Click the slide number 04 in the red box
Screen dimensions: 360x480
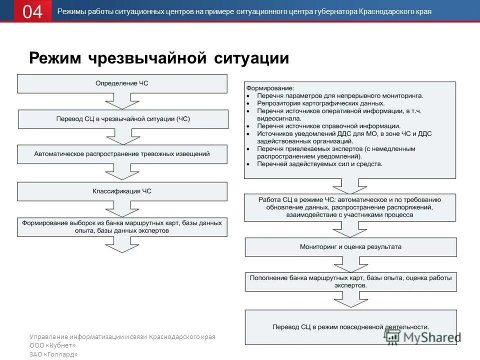[x=32, y=11]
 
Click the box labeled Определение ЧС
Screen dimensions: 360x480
[x=122, y=83]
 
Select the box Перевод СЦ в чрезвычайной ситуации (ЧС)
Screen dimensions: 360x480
[x=123, y=119]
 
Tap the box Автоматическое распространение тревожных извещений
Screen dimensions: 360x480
[x=122, y=154]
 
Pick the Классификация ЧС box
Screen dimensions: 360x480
[x=122, y=191]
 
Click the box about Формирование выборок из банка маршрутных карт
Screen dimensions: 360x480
[x=122, y=226]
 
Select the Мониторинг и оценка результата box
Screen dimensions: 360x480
[x=350, y=247]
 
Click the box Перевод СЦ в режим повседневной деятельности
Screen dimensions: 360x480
[x=350, y=327]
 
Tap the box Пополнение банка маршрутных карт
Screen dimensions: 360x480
[x=350, y=281]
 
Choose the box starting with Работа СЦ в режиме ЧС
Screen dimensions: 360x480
[x=350, y=207]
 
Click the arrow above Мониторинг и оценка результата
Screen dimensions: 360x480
[x=351, y=230]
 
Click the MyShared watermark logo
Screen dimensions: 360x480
[x=422, y=337]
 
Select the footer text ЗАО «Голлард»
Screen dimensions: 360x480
[x=53, y=354]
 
